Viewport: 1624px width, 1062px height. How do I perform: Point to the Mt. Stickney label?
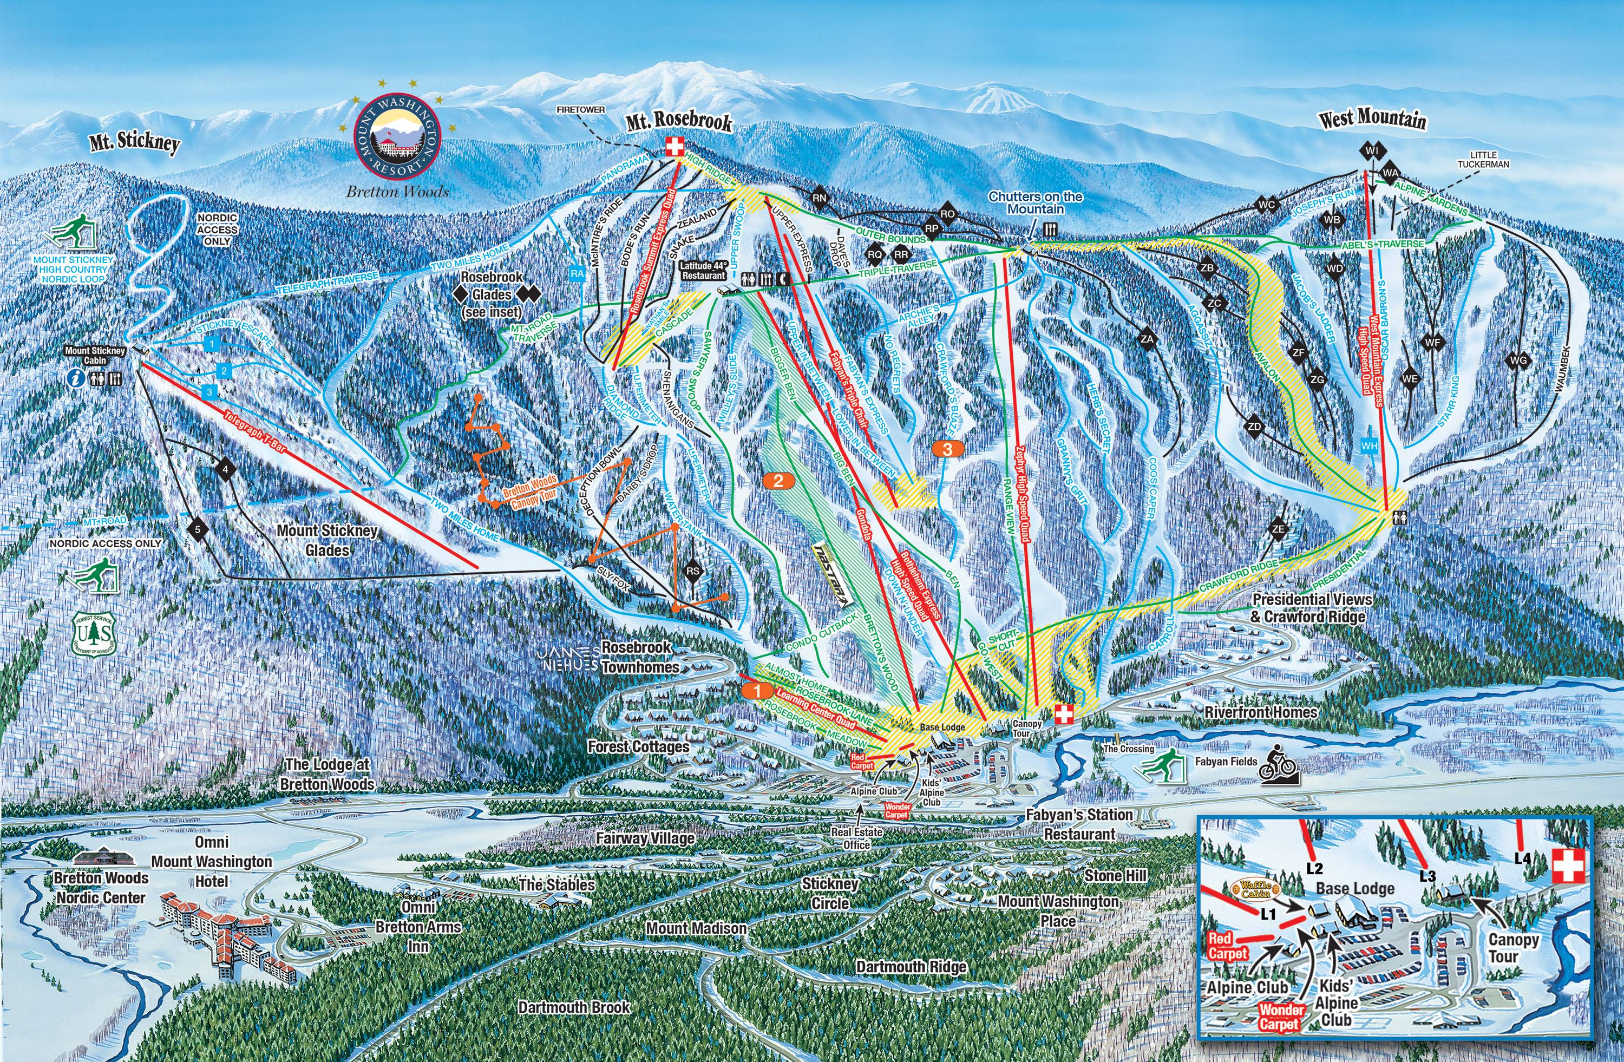coord(134,144)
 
